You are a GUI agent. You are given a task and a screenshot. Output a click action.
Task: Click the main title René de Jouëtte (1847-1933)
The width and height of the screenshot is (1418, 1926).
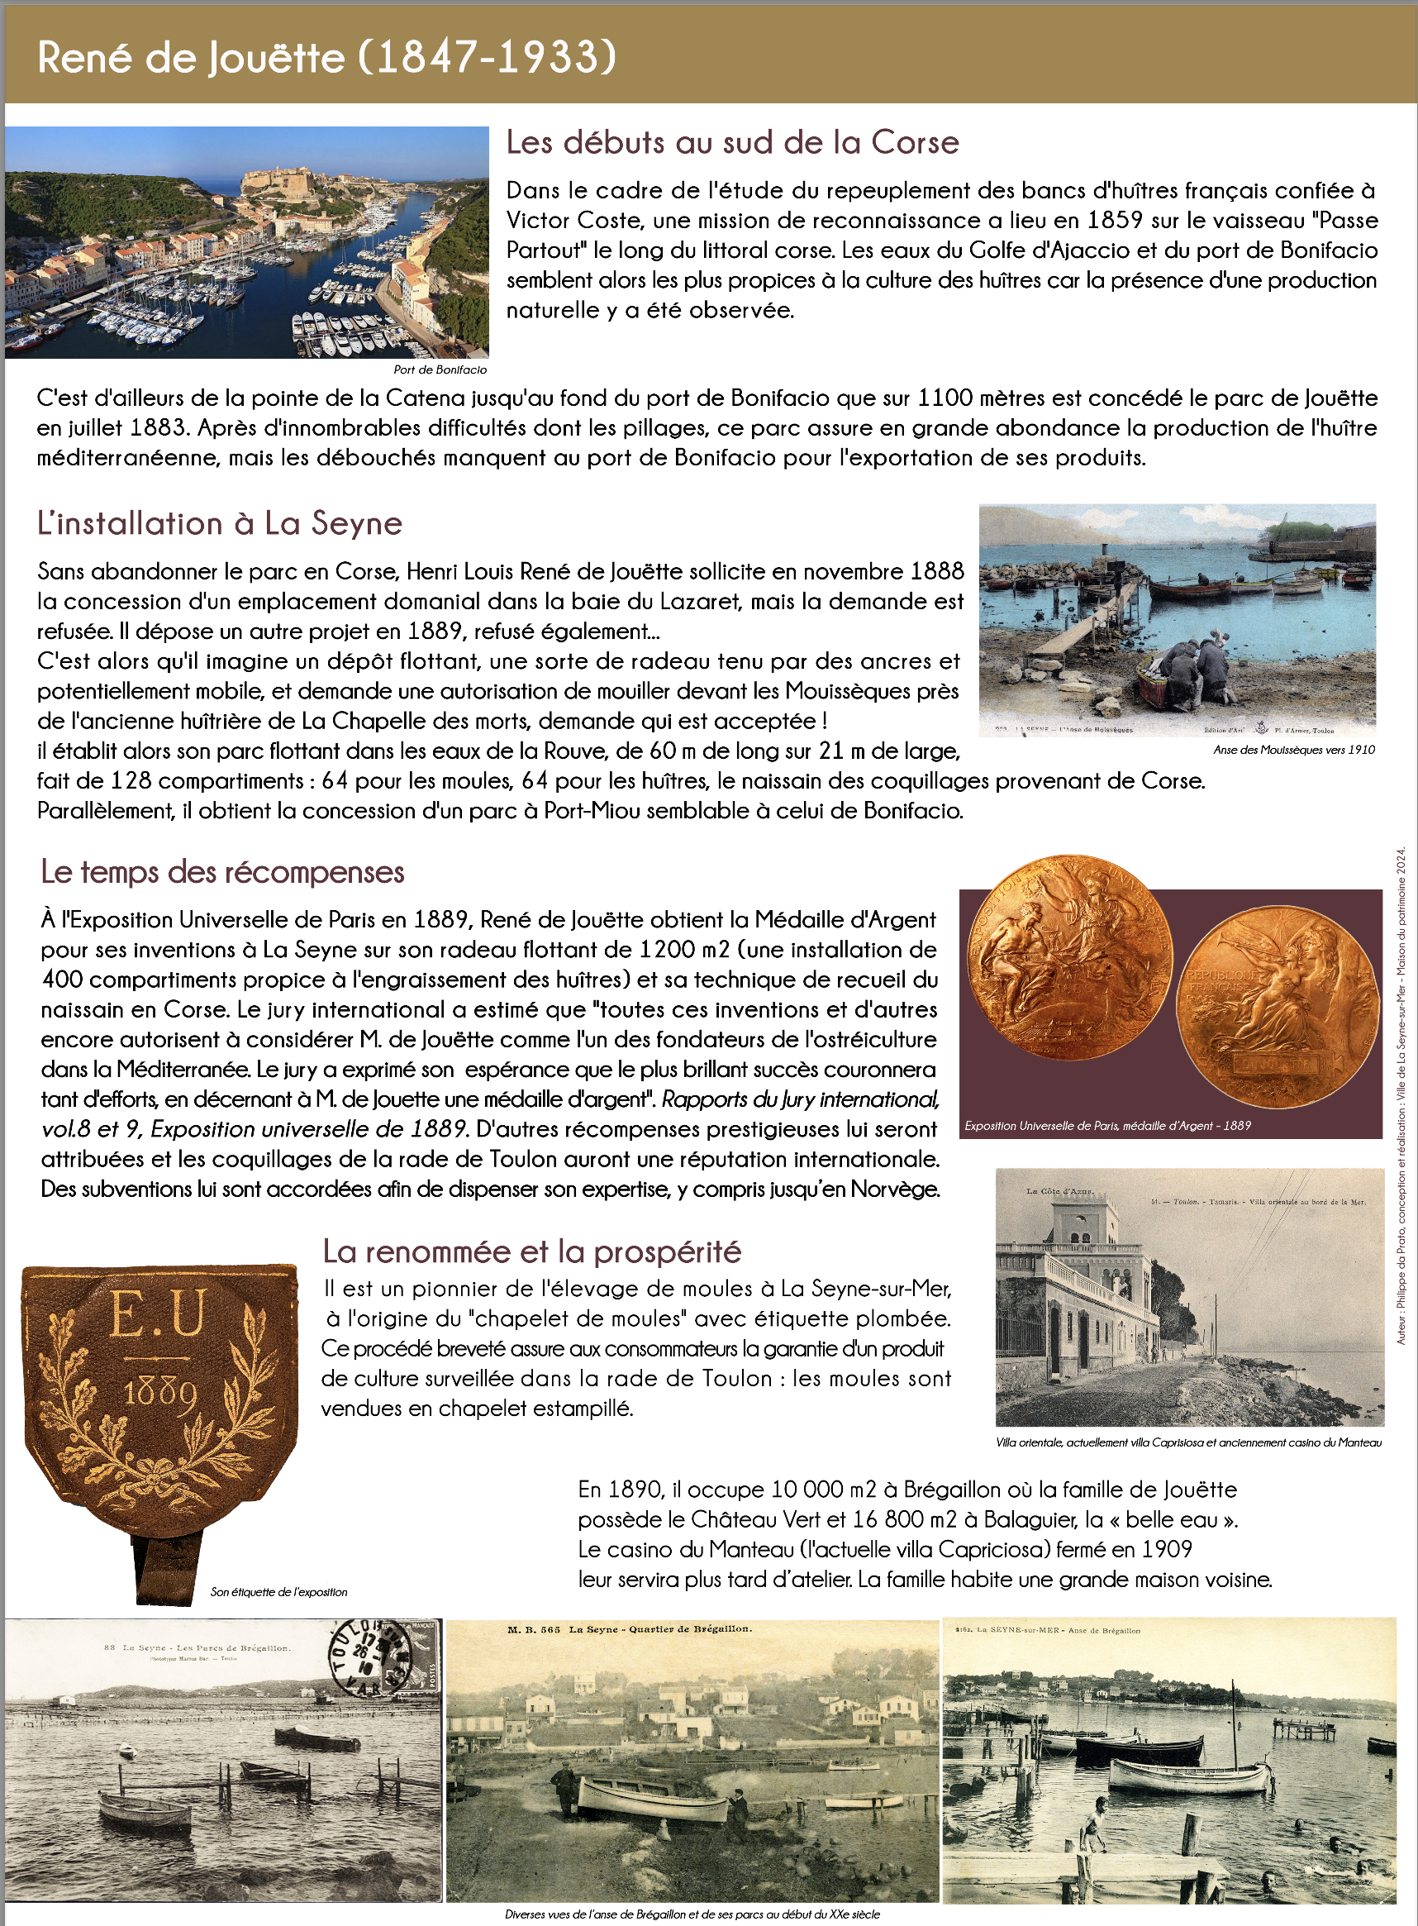pos(327,58)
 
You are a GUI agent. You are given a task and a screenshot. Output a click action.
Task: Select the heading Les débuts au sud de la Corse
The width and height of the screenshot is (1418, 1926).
pos(732,142)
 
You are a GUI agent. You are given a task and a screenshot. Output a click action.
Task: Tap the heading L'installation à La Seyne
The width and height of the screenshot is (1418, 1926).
pos(220,523)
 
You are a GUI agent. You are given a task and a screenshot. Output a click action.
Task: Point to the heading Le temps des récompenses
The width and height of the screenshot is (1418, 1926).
pos(222,871)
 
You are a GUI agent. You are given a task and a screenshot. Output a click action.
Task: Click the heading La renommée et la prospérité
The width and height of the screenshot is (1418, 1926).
pos(531,1251)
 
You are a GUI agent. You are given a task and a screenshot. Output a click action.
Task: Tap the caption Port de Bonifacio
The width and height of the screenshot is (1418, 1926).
pos(440,369)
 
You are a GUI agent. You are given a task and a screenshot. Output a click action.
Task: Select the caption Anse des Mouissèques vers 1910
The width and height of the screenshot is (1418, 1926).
pos(1293,750)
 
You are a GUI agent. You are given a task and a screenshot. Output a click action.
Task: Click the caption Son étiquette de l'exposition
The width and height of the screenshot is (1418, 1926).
pos(279,1592)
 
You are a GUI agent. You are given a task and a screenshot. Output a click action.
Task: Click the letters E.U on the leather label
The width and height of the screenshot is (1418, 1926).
pos(159,1313)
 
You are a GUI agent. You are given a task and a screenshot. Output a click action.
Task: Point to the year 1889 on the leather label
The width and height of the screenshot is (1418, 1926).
pos(160,1393)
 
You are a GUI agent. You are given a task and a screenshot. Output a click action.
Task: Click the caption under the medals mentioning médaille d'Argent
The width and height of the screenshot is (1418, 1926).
pos(1107,1125)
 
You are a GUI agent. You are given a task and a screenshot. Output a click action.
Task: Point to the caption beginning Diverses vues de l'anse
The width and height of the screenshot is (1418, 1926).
pos(692,1914)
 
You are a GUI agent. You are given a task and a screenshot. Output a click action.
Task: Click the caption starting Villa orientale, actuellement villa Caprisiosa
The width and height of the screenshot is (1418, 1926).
pos(1189,1442)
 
